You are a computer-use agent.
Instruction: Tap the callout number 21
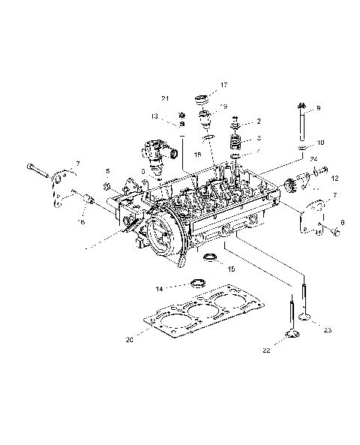165,99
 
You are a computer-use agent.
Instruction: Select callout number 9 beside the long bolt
318,108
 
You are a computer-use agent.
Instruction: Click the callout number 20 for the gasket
130,338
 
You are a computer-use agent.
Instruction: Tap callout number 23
327,329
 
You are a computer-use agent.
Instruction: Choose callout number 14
159,288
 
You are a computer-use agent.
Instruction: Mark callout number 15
231,268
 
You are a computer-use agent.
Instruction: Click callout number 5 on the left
107,171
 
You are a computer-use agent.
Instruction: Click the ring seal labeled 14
197,282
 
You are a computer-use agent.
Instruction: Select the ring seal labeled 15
211,260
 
